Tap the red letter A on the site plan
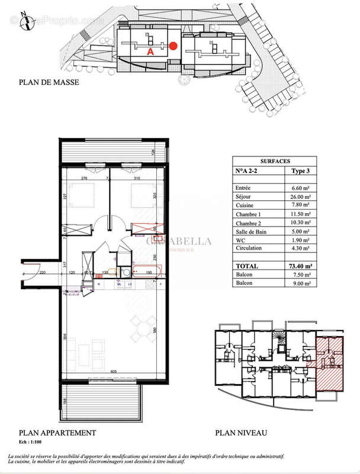point(150,52)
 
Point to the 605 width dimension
point(113,371)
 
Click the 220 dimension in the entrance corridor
point(43,273)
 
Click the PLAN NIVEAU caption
point(242,433)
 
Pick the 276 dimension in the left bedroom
point(85,178)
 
